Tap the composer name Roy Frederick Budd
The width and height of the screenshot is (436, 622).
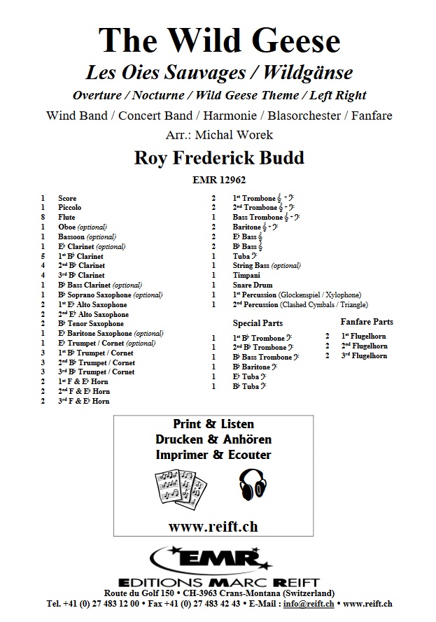[218, 157]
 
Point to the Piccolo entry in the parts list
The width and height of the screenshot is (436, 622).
[70, 208]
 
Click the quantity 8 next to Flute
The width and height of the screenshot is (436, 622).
[43, 218]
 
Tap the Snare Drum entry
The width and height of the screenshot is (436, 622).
[253, 285]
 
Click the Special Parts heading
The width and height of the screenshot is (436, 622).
[258, 323]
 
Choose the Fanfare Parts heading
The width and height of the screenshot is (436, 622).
[367, 321]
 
